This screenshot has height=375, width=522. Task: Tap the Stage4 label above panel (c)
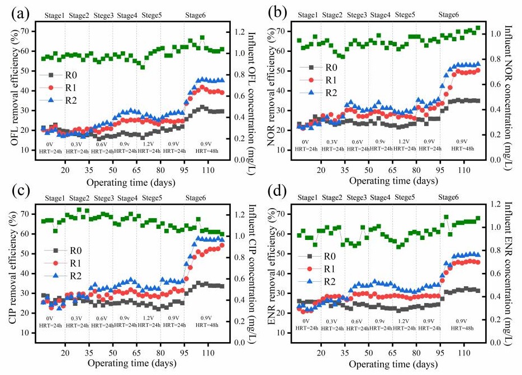tap(127, 198)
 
